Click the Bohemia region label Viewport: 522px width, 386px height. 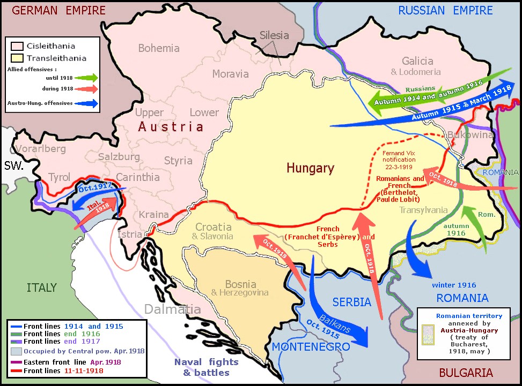(x=159, y=49)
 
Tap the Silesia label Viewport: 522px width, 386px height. (x=274, y=36)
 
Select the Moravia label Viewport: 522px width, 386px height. (x=230, y=74)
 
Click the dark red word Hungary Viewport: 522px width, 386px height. (x=310, y=168)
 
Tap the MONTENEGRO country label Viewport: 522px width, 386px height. (x=311, y=347)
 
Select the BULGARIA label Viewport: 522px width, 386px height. (x=466, y=373)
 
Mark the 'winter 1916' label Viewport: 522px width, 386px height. (x=454, y=285)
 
